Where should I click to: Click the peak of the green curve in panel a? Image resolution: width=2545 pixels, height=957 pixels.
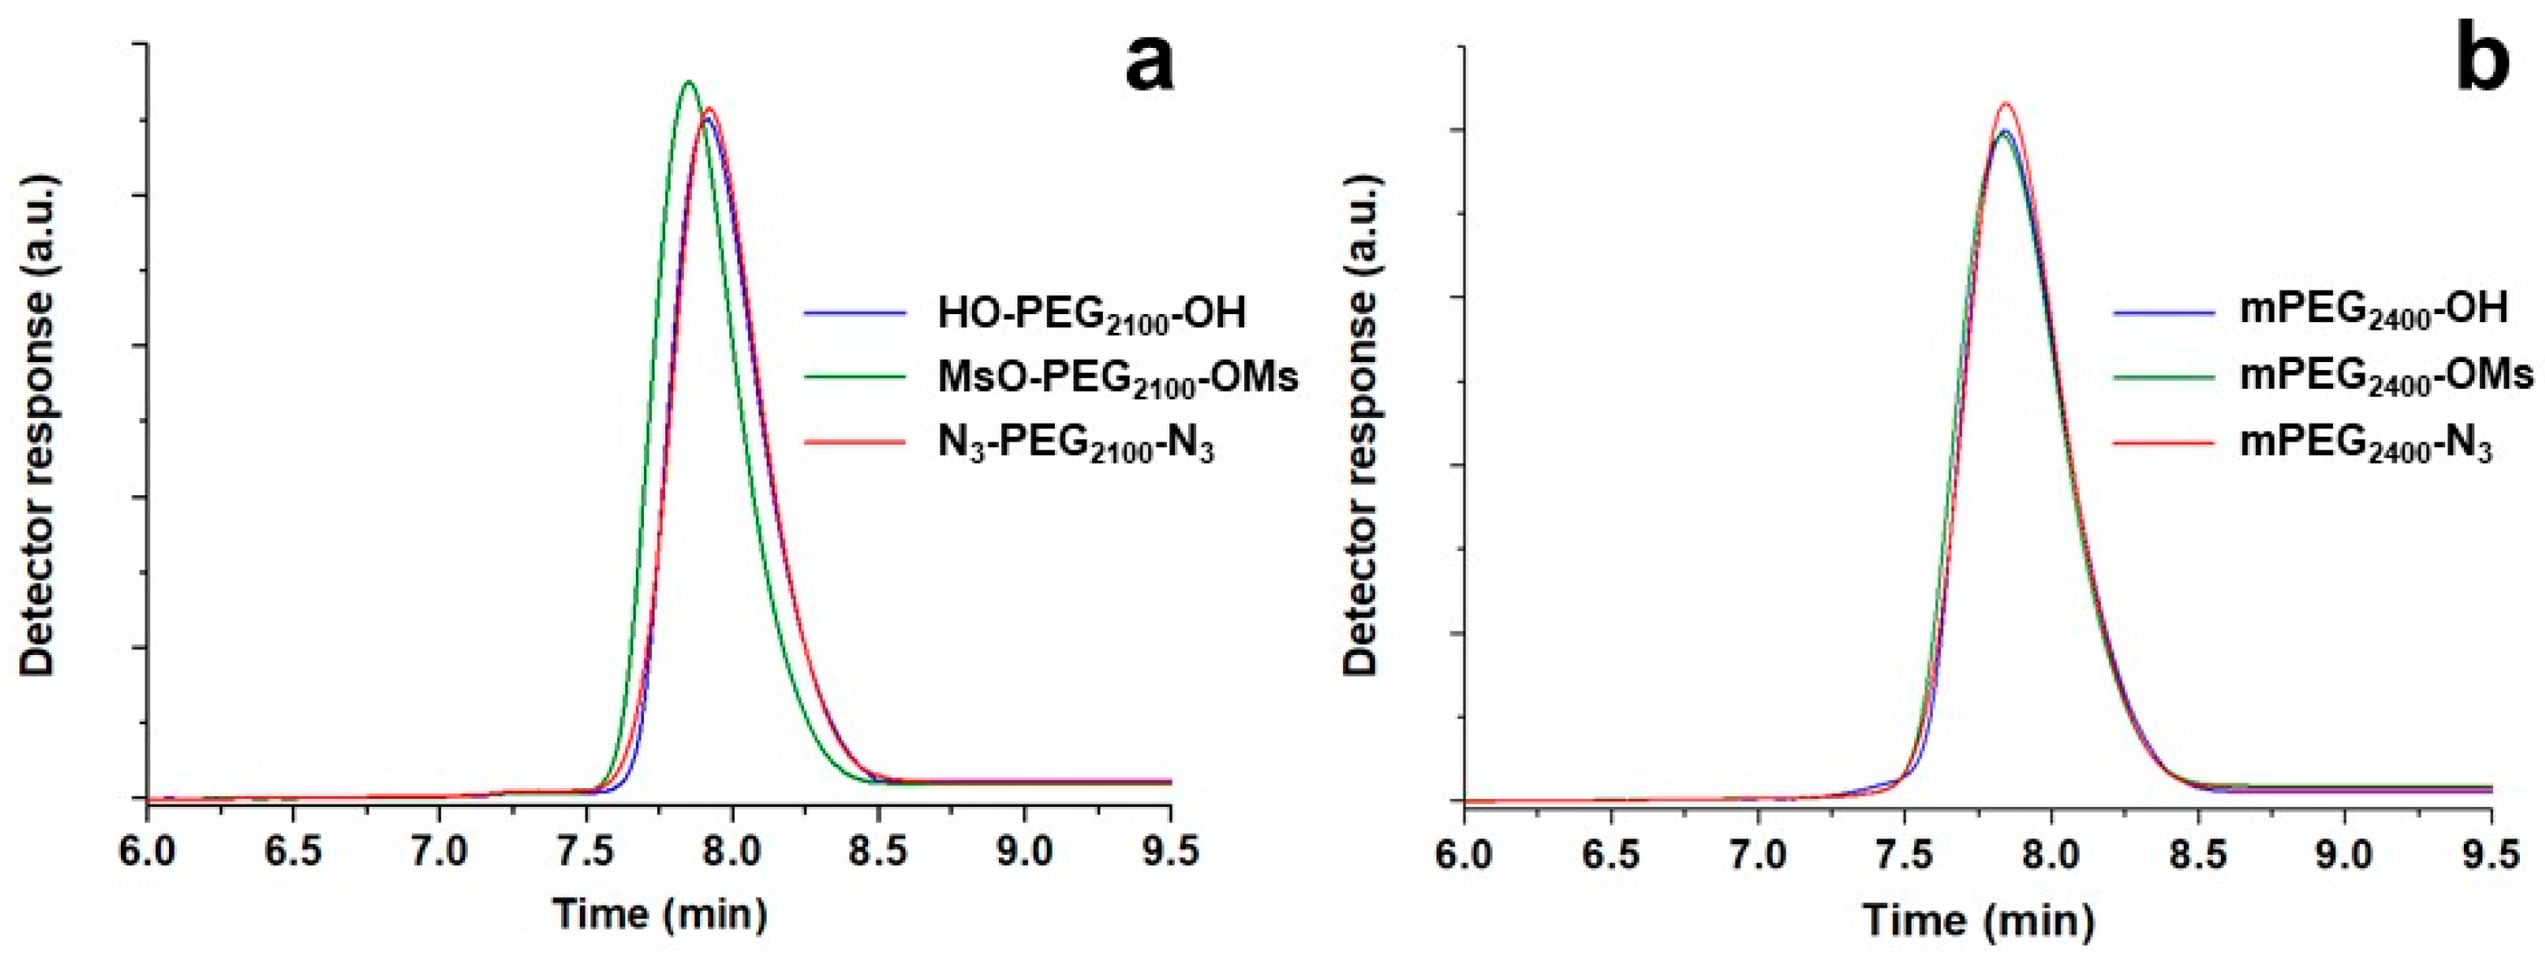(689, 82)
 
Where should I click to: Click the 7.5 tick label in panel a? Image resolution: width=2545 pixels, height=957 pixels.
(585, 849)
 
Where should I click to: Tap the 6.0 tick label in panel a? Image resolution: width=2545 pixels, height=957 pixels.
(148, 849)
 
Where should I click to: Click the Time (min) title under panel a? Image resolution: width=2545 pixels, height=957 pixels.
(659, 912)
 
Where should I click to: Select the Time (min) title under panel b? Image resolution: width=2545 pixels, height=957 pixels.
(1978, 919)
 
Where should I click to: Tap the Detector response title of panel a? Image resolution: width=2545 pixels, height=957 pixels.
(40, 425)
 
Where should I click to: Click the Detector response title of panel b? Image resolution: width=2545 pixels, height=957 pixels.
(1361, 425)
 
